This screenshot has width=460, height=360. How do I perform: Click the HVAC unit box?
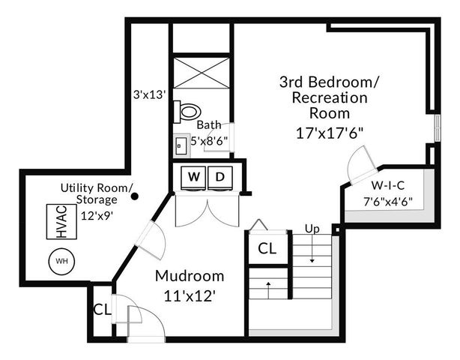tap(61, 223)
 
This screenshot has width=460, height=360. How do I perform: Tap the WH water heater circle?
tap(60, 262)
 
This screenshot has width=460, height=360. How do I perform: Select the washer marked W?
tap(193, 178)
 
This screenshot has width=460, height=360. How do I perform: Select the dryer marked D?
tap(220, 178)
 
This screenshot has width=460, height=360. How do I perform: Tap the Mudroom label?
tap(190, 274)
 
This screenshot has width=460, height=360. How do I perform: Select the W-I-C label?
tap(388, 185)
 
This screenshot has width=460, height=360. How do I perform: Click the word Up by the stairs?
tap(312, 228)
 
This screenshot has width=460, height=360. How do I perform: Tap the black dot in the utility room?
tap(135, 197)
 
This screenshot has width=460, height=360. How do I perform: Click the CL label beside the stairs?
tap(267, 248)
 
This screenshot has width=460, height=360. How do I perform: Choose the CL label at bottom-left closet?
tap(102, 308)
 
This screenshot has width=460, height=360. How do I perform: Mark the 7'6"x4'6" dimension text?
tap(388, 200)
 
